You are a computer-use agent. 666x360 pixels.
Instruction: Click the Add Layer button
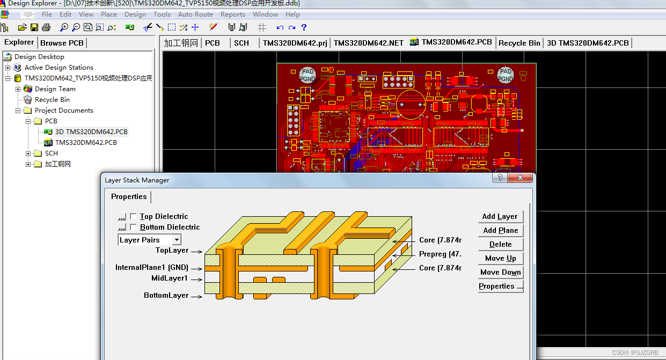click(500, 216)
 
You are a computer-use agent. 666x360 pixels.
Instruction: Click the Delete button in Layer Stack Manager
click(500, 244)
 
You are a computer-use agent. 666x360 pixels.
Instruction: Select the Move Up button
click(500, 258)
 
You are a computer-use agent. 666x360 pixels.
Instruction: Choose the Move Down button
click(500, 272)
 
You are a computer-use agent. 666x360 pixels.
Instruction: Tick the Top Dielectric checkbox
click(133, 217)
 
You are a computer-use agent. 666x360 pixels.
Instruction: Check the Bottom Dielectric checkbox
click(133, 227)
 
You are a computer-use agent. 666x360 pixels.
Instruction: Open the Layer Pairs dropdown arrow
click(177, 240)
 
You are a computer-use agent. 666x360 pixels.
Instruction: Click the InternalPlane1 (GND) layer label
click(152, 267)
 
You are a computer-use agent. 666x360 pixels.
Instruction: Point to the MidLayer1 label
click(170, 278)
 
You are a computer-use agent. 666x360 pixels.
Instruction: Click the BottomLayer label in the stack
click(166, 295)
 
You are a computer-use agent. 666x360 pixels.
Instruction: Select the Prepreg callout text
click(440, 254)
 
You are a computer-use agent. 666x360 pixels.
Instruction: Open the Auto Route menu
click(195, 14)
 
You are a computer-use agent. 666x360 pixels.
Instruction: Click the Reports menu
click(233, 14)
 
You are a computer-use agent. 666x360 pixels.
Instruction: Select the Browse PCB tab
click(62, 43)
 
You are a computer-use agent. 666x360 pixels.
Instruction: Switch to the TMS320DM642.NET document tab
click(368, 43)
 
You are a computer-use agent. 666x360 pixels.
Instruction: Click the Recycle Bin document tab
click(519, 43)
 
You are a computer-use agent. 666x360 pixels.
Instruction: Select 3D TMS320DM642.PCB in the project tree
click(91, 132)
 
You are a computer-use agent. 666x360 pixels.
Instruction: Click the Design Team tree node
click(55, 89)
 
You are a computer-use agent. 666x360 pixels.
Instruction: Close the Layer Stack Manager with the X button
click(521, 178)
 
